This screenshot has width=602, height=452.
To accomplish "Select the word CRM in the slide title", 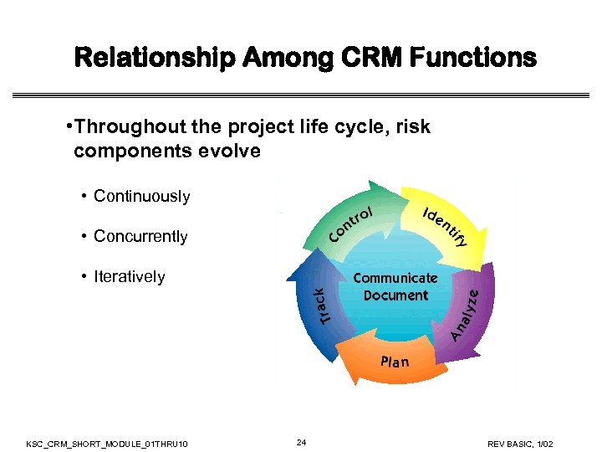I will pos(365,58).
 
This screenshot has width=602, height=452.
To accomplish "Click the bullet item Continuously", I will pos(141,196).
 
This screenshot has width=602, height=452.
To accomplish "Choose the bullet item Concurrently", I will pos(140,236).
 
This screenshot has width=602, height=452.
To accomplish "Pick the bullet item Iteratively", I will pos(129,276).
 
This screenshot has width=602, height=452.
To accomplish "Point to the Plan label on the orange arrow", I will pos(395,362).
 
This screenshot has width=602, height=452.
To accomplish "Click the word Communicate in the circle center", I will pos(395,278).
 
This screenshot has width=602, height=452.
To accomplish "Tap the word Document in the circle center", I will pos(395,295).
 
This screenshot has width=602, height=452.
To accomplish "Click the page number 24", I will pos(302,442).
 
